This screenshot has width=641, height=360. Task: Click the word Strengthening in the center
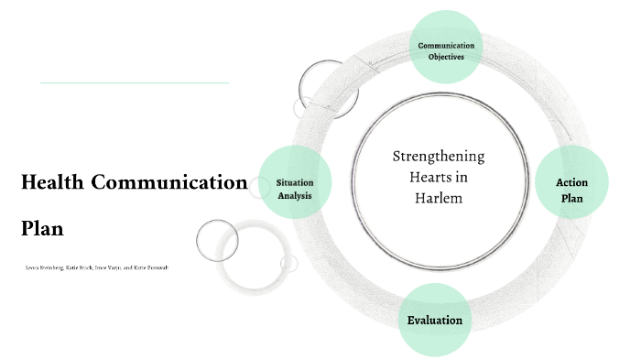coord(439,156)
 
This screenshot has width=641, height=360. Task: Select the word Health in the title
coord(53,182)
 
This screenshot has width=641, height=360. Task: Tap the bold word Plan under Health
coord(42,228)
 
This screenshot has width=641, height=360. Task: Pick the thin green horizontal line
coord(135,82)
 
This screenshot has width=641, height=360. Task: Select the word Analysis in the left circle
coord(295,194)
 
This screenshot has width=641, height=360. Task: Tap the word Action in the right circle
coord(572,182)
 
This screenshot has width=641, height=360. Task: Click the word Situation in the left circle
coord(295,182)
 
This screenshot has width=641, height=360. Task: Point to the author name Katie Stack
coord(80,267)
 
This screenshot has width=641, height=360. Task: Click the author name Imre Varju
coord(110,267)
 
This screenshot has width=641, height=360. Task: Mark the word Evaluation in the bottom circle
coord(435,321)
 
